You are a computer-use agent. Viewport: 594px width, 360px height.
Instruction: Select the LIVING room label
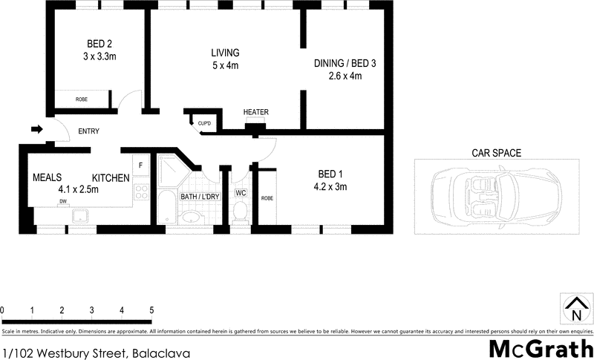click(x=225, y=53)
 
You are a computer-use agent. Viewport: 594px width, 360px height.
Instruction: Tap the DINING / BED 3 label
click(x=345, y=64)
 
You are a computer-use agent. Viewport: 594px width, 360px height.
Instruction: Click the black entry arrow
click(x=36, y=130)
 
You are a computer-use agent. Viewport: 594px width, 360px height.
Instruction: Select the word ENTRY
click(x=88, y=131)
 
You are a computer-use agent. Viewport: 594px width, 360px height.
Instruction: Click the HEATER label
click(x=255, y=113)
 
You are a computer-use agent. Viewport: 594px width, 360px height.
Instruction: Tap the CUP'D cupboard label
click(x=204, y=122)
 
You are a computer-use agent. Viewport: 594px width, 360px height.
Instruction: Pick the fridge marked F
click(x=140, y=164)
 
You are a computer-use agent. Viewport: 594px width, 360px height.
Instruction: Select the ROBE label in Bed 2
click(x=82, y=99)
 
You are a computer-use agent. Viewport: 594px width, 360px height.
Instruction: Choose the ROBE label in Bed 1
click(x=267, y=198)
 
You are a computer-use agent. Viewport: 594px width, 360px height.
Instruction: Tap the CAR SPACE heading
click(x=497, y=154)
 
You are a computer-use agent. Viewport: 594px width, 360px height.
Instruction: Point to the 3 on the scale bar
click(x=91, y=310)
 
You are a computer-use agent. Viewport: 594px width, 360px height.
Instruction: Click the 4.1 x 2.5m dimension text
click(x=78, y=189)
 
